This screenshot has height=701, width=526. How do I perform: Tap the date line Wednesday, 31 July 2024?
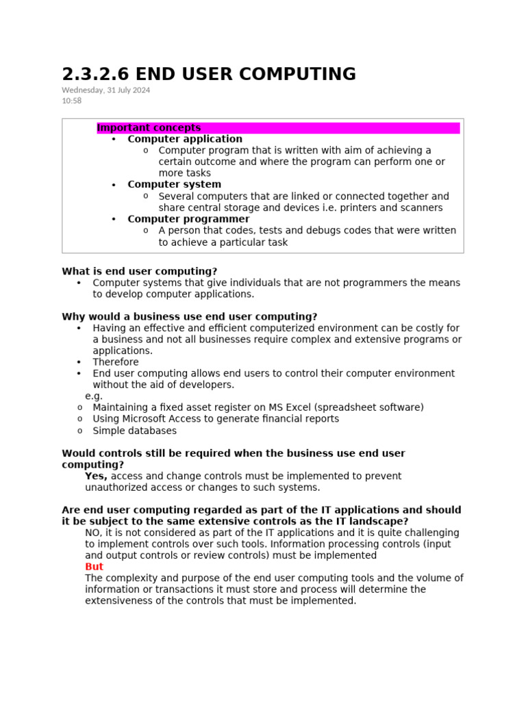[x=106, y=90]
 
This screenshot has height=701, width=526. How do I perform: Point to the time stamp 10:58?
[x=71, y=101]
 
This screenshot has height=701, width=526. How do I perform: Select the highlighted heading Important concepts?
[x=149, y=128]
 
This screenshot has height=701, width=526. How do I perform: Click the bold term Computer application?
[x=185, y=139]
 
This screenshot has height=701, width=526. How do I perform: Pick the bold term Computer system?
[x=174, y=185]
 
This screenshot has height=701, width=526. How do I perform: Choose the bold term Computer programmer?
[x=188, y=219]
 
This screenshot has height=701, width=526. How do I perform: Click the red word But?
[x=94, y=567]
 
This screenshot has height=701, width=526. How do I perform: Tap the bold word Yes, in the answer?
[x=97, y=476]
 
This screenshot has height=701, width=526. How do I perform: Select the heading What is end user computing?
[x=139, y=271]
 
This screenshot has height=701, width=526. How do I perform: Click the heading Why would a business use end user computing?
[x=190, y=316]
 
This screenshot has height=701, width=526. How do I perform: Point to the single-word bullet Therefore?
[x=116, y=362]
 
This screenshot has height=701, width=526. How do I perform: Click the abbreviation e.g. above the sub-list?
[x=94, y=396]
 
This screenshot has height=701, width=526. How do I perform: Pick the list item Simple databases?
[x=134, y=431]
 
